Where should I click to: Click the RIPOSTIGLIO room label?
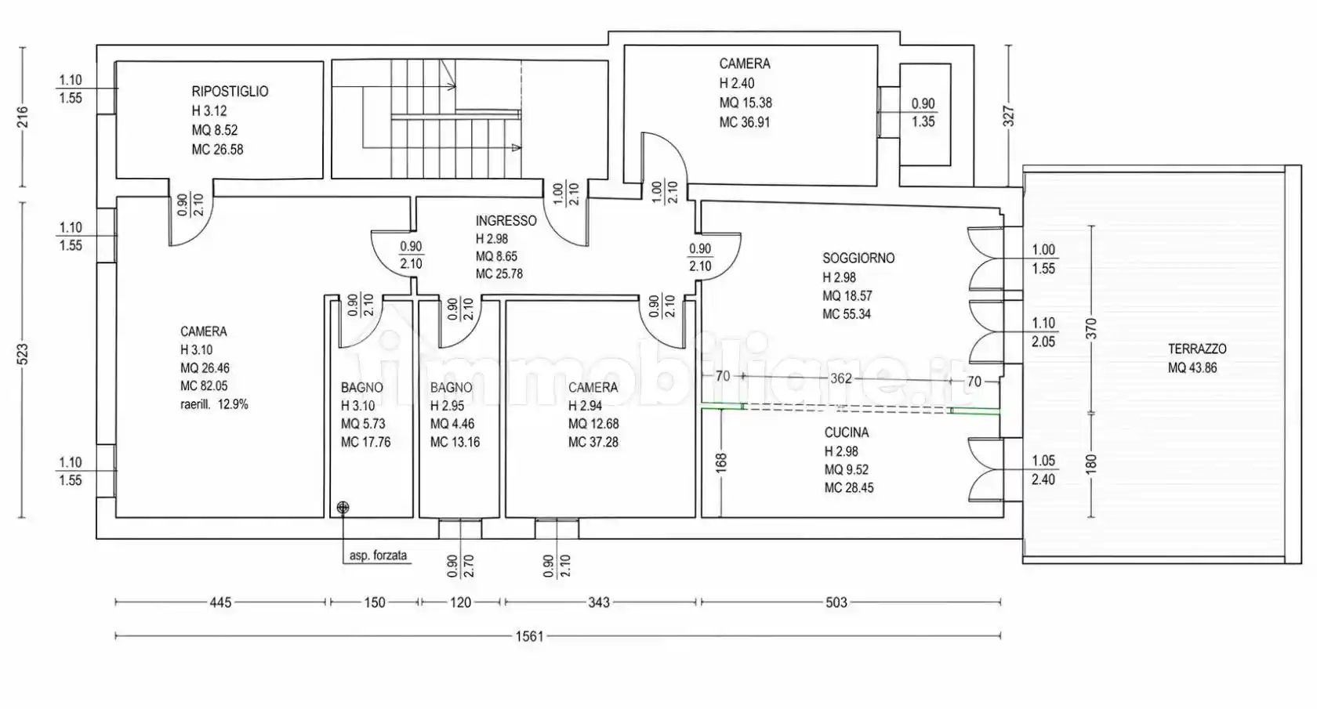(x=230, y=92)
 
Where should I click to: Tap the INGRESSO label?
(x=506, y=221)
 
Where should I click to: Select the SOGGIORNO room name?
(x=858, y=258)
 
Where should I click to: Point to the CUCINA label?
(x=846, y=432)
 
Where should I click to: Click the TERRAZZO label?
(x=1197, y=349)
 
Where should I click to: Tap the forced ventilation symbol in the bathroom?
(x=343, y=507)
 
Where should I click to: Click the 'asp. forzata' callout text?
(x=378, y=555)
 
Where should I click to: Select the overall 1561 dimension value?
(x=529, y=636)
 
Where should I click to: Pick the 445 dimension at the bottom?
(x=220, y=602)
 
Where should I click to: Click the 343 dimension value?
(x=599, y=602)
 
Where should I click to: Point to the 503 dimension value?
(x=836, y=602)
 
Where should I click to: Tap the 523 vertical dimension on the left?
(x=22, y=354)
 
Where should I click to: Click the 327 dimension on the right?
(x=1008, y=116)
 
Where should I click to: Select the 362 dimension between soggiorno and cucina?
(x=840, y=378)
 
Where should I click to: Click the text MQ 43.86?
(x=1192, y=368)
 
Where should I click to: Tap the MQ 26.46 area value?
(x=205, y=368)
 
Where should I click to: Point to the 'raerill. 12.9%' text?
(x=214, y=404)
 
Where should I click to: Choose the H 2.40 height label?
(x=737, y=83)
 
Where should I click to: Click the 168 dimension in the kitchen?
(x=721, y=463)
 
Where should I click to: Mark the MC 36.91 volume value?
(x=745, y=123)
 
